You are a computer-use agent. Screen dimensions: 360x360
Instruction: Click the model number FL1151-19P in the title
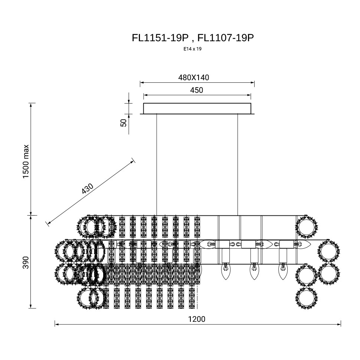click(160, 37)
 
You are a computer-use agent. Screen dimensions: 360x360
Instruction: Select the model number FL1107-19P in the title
click(226, 37)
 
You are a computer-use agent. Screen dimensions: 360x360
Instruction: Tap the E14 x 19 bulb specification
click(192, 49)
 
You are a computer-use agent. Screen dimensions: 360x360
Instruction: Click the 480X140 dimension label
click(193, 78)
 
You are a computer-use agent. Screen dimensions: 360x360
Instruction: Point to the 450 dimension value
click(197, 90)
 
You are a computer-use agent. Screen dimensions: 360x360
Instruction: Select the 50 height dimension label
click(124, 123)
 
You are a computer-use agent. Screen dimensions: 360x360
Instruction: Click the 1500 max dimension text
click(26, 161)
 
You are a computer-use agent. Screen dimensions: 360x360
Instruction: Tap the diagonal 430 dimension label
click(88, 189)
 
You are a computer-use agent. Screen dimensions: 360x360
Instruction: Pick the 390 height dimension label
click(26, 262)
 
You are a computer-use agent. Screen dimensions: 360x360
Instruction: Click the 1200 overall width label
click(197, 319)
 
